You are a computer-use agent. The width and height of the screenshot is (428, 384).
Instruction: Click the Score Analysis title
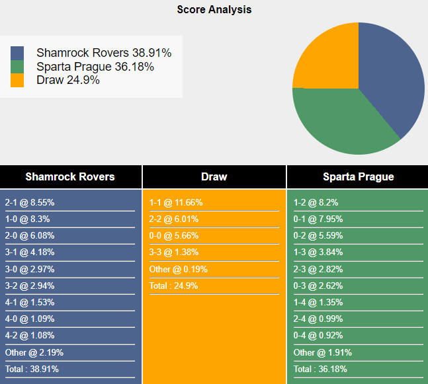(214, 10)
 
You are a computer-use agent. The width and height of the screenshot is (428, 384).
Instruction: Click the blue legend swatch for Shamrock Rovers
(17, 53)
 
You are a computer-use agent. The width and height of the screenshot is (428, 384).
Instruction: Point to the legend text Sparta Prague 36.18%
(95, 67)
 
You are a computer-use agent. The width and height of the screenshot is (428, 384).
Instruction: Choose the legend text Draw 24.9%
(68, 80)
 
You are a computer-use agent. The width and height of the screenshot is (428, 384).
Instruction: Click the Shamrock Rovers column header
(70, 176)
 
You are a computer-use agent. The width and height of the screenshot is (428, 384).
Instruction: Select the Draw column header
(214, 176)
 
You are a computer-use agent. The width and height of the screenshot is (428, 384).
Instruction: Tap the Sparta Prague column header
(358, 176)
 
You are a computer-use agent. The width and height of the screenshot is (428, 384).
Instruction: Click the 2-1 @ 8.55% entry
(30, 203)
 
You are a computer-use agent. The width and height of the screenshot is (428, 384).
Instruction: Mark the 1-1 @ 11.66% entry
(176, 203)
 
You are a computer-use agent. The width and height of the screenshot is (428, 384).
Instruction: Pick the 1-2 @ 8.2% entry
(316, 203)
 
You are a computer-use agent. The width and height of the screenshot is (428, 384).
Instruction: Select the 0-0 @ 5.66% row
(173, 236)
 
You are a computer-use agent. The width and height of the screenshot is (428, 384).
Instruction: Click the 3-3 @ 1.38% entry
(173, 252)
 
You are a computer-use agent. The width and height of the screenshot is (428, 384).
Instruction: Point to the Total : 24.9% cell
(173, 286)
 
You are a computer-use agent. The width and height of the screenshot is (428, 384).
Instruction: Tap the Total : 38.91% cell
(32, 369)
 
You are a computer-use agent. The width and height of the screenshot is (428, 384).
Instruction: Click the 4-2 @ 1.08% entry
(30, 335)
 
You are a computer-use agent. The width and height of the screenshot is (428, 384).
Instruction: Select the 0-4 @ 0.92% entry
(318, 335)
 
